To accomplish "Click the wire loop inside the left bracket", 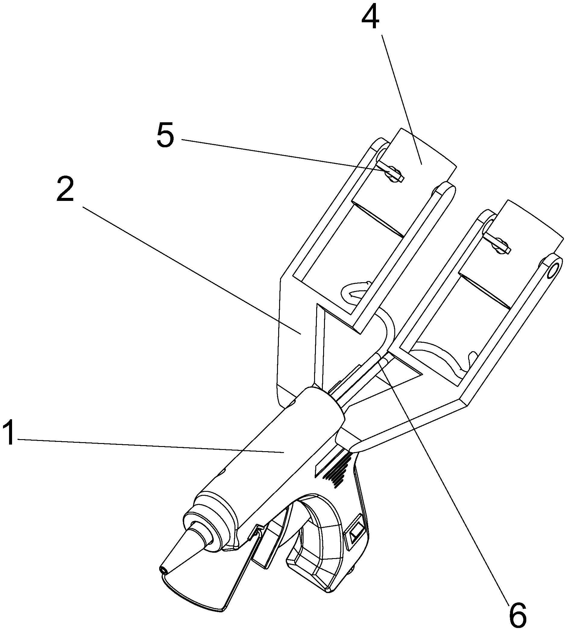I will [355, 291].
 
